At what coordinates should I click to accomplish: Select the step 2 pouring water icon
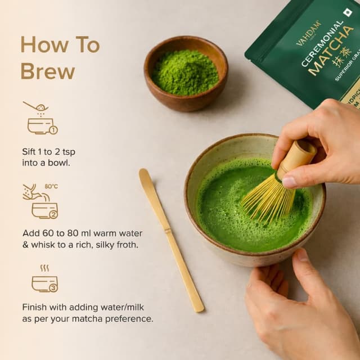[41, 202]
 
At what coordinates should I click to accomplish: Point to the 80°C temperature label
[51, 186]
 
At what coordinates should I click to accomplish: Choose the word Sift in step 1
[31, 151]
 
